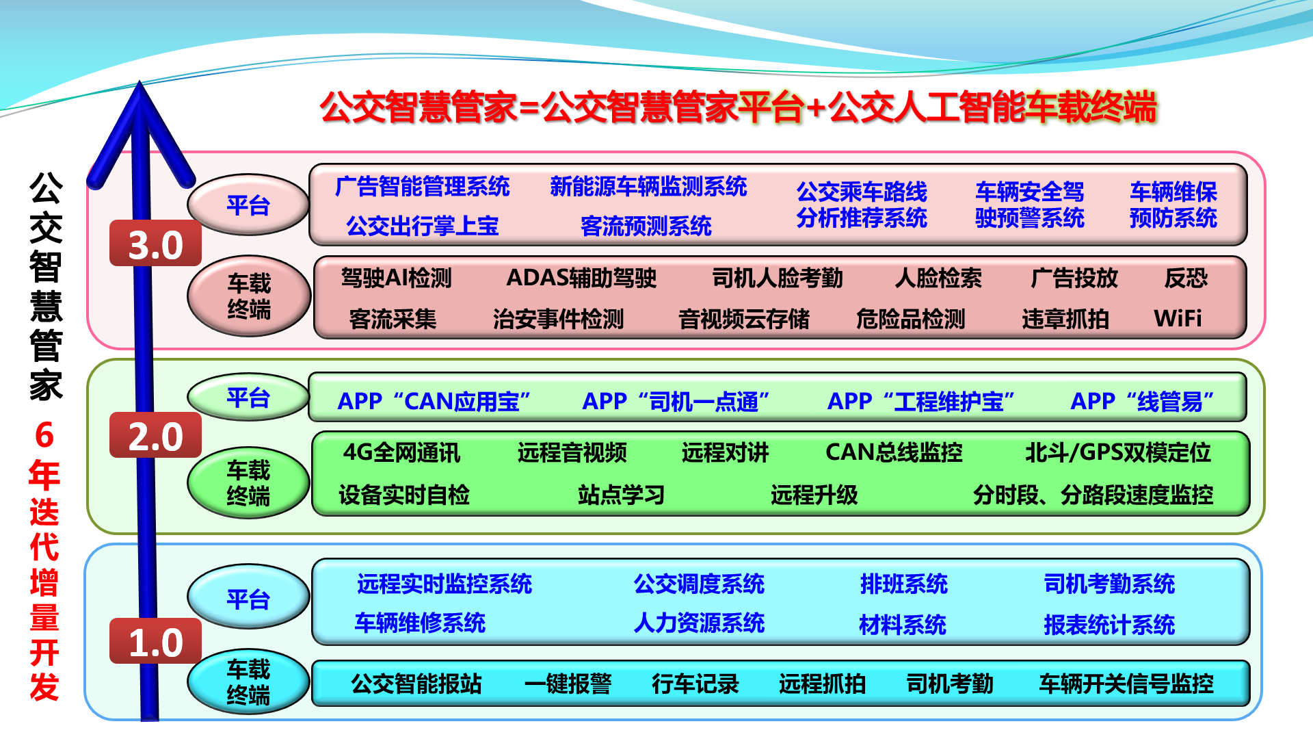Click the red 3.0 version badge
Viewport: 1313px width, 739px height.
pos(155,243)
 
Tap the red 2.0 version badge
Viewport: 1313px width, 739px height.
pos(155,435)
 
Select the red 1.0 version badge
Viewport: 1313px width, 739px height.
pos(155,641)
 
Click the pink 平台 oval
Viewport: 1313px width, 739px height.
pos(248,205)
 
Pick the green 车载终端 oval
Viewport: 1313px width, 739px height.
pos(248,482)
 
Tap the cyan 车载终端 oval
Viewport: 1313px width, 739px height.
pos(248,682)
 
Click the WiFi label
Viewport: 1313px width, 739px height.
pos(1178,318)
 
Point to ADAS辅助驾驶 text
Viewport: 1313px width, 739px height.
pos(581,278)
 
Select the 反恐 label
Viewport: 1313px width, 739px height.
pos(1186,278)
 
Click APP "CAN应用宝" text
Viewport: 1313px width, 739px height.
pos(434,401)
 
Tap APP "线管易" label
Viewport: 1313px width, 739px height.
pos(1142,401)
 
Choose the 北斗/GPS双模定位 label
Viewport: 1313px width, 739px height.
pos(1118,452)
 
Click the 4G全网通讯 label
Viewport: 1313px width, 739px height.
pos(402,452)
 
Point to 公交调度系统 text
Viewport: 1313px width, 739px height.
pos(699,584)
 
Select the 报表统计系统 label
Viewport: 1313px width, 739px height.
pos(1109,624)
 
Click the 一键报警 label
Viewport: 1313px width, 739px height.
pos(568,684)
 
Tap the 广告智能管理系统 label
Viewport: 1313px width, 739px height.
pos(423,186)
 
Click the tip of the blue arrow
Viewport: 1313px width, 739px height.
pos(140,81)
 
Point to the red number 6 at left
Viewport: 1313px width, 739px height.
pos(44,435)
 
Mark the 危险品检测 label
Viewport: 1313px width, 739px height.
pos(910,319)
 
